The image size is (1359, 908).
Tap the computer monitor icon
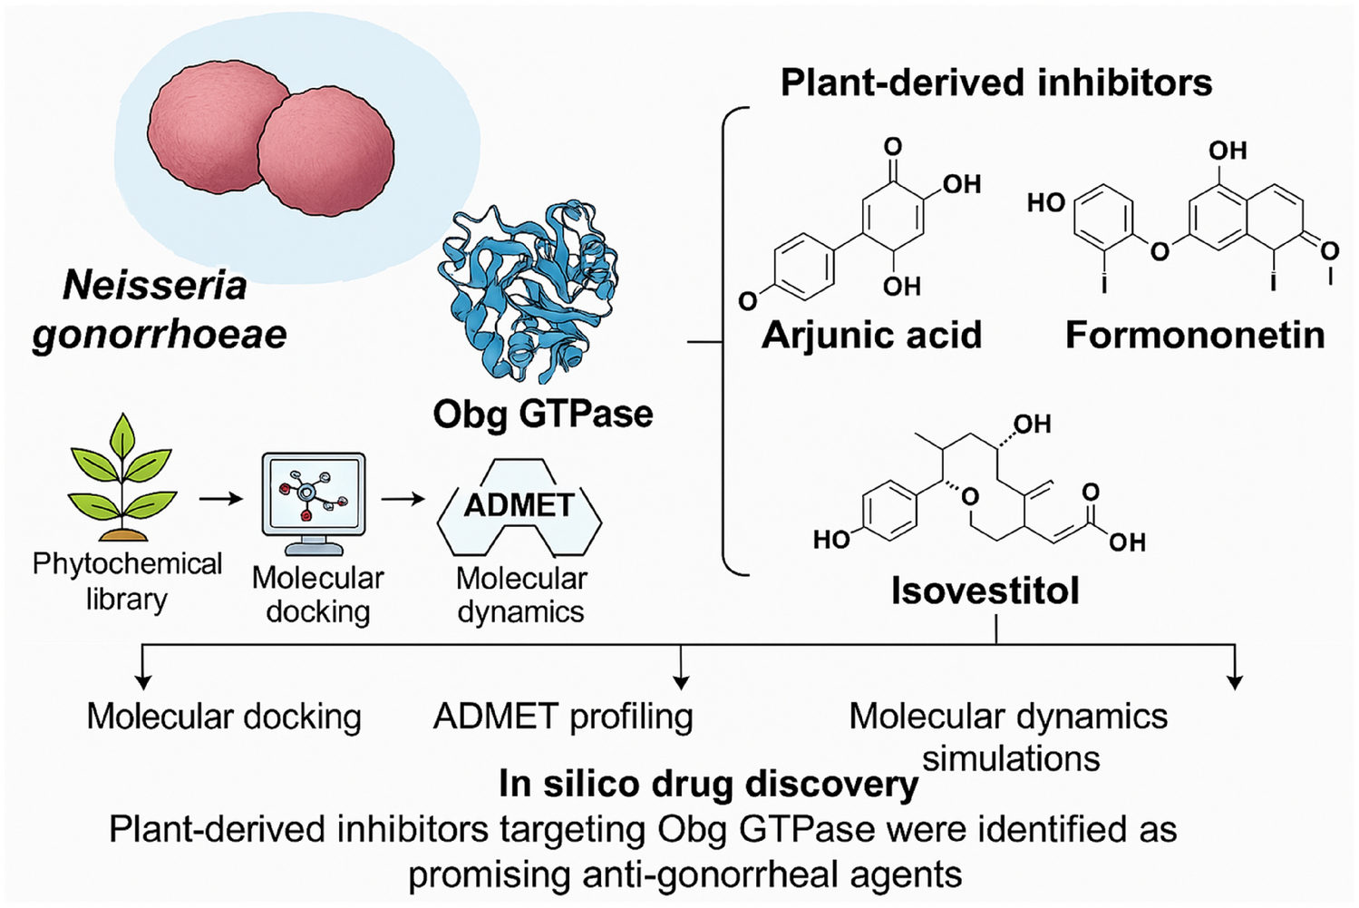tap(314, 502)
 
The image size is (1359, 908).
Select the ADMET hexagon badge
tap(519, 506)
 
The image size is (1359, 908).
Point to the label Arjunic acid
tap(871, 335)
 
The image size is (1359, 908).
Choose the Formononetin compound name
tap(1194, 335)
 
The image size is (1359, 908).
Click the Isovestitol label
tap(985, 591)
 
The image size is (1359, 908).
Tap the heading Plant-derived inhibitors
tap(995, 83)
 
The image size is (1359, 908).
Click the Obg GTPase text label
tap(542, 414)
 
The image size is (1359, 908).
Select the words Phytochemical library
tap(127, 581)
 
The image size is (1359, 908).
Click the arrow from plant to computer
tap(221, 499)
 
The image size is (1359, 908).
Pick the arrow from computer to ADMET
tap(403, 499)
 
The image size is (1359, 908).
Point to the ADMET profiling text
tap(563, 717)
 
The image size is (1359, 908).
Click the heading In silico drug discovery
tap(708, 784)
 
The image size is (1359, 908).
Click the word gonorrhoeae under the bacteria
tap(160, 335)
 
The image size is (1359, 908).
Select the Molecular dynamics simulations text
tap(1009, 737)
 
